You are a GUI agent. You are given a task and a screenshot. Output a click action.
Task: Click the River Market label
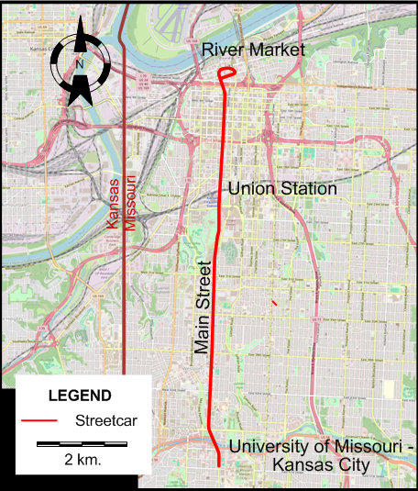(x=252, y=50)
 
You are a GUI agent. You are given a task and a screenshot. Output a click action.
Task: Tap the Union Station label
(x=282, y=189)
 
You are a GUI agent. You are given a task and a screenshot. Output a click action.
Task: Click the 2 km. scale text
(x=82, y=458)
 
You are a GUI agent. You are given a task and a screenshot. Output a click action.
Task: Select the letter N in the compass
(x=80, y=65)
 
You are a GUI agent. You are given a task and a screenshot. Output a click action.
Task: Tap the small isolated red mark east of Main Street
(x=274, y=301)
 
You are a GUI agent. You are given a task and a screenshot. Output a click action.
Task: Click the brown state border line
(x=123, y=275)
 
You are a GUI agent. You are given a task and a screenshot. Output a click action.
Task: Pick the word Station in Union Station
(x=309, y=189)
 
